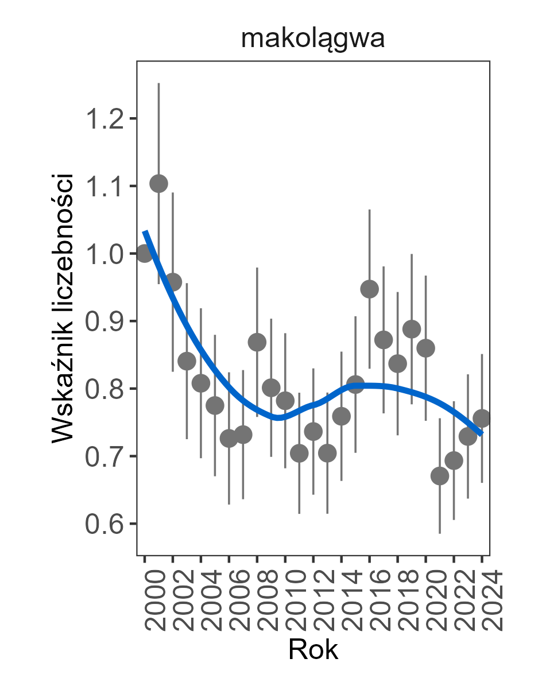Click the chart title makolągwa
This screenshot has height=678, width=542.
[x=312, y=39]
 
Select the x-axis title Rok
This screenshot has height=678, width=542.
[x=313, y=650]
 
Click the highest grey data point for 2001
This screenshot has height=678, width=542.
[x=158, y=184]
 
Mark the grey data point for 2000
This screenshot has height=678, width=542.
[x=145, y=253]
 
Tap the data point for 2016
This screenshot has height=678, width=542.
[x=370, y=289]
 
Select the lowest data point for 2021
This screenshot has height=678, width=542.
[x=440, y=476]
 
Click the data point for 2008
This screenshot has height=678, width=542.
[x=257, y=342]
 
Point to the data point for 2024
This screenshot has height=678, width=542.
[x=482, y=418]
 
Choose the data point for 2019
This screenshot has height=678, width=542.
[x=412, y=330]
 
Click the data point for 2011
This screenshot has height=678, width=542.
[x=299, y=454]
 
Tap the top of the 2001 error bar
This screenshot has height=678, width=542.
[x=158, y=84]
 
